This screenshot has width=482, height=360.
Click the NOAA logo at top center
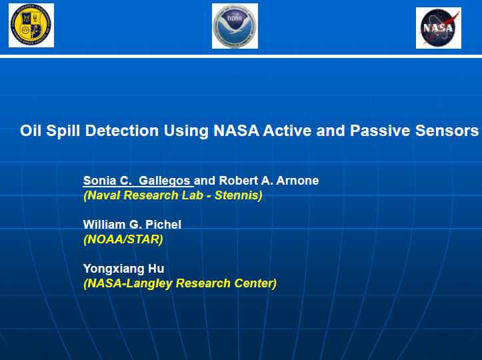pyautogui.click(x=235, y=26)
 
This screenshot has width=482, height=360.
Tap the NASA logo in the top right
pyautogui.click(x=438, y=28)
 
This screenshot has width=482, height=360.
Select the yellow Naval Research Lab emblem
pyautogui.click(x=31, y=25)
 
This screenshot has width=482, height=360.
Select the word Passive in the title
pyautogui.click(x=379, y=131)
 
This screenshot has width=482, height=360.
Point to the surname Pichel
pyautogui.click(x=163, y=225)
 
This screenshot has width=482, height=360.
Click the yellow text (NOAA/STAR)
pyautogui.click(x=123, y=239)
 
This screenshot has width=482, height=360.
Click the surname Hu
pyautogui.click(x=157, y=269)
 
